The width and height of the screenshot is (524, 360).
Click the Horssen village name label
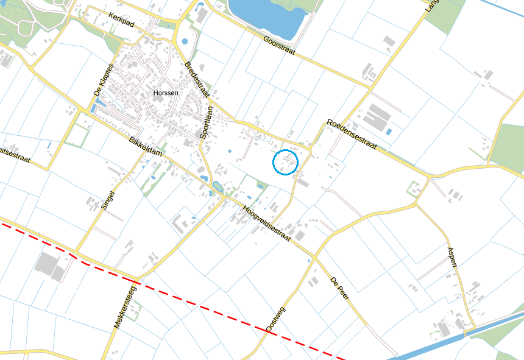click(166, 93)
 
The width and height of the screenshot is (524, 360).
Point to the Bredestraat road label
click(196, 79)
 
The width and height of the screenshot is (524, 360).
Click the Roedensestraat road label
click(352, 134)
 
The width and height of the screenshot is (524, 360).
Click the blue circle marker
click(285, 162)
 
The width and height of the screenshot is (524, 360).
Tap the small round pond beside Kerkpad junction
click(185, 41)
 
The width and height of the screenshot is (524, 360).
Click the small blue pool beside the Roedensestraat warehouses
click(389, 131)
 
